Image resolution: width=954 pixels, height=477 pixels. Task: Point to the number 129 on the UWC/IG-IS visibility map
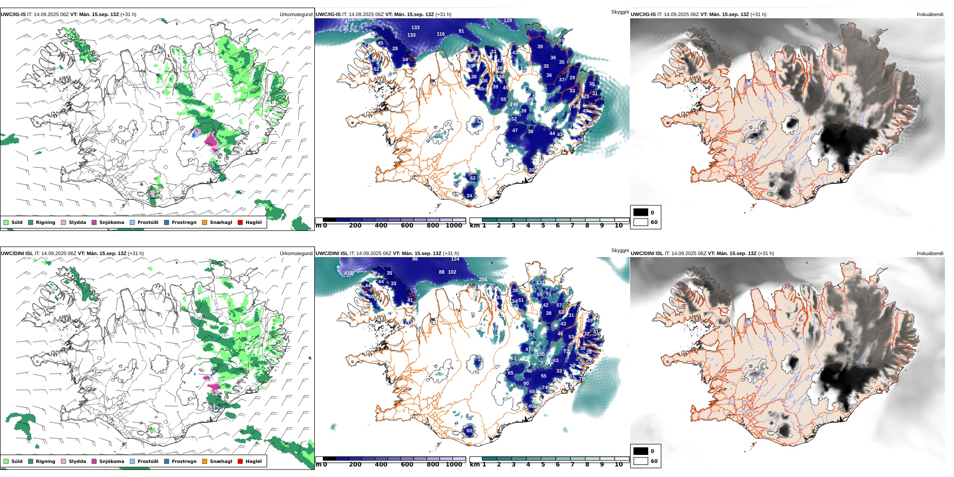pyautogui.click(x=508, y=21)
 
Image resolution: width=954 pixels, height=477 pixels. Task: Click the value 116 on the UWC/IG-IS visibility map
pyautogui.click(x=440, y=34)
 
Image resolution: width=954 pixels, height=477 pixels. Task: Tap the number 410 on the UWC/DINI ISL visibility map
pyautogui.click(x=348, y=273)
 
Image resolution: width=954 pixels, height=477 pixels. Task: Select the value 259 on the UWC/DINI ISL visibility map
pyautogui.click(x=483, y=280)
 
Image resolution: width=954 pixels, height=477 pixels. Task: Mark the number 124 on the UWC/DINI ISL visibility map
pyautogui.click(x=455, y=259)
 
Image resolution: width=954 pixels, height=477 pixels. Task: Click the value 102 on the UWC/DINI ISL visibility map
pyautogui.click(x=452, y=272)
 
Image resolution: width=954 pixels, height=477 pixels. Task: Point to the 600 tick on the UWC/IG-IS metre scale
pyautogui.click(x=407, y=225)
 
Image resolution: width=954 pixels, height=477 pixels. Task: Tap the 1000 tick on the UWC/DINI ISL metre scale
pyautogui.click(x=453, y=464)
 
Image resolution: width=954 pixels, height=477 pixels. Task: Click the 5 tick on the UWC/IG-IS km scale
pyautogui.click(x=543, y=225)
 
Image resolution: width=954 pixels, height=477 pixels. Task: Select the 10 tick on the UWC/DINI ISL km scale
pyautogui.click(x=619, y=464)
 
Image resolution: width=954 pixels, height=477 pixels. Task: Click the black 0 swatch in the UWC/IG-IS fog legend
pyautogui.click(x=641, y=212)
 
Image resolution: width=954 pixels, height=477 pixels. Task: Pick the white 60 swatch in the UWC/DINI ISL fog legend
pyautogui.click(x=641, y=461)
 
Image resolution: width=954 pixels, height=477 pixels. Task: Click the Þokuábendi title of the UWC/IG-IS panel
pyautogui.click(x=930, y=15)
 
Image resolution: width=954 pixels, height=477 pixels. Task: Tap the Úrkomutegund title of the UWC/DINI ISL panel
pyautogui.click(x=296, y=254)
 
